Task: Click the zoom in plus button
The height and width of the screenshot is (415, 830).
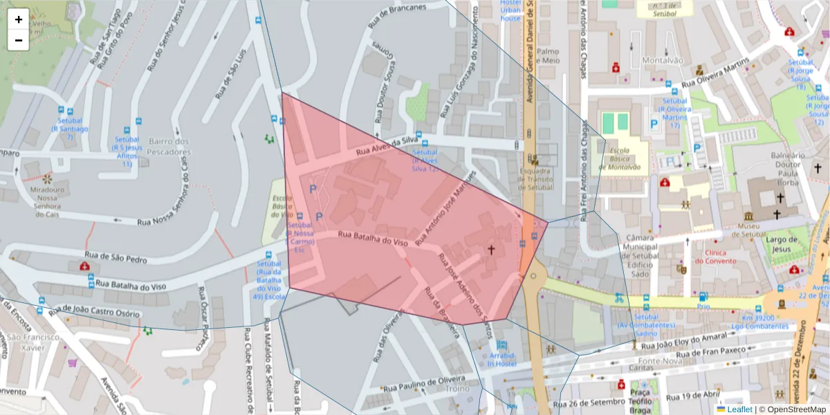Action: tap(19, 19)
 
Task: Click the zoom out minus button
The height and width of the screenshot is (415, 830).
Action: tap(19, 40)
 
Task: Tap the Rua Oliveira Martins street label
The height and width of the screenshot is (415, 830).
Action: tap(715, 73)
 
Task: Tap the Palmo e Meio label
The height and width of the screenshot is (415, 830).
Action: tap(548, 55)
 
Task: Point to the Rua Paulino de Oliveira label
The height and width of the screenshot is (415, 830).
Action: tap(423, 384)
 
